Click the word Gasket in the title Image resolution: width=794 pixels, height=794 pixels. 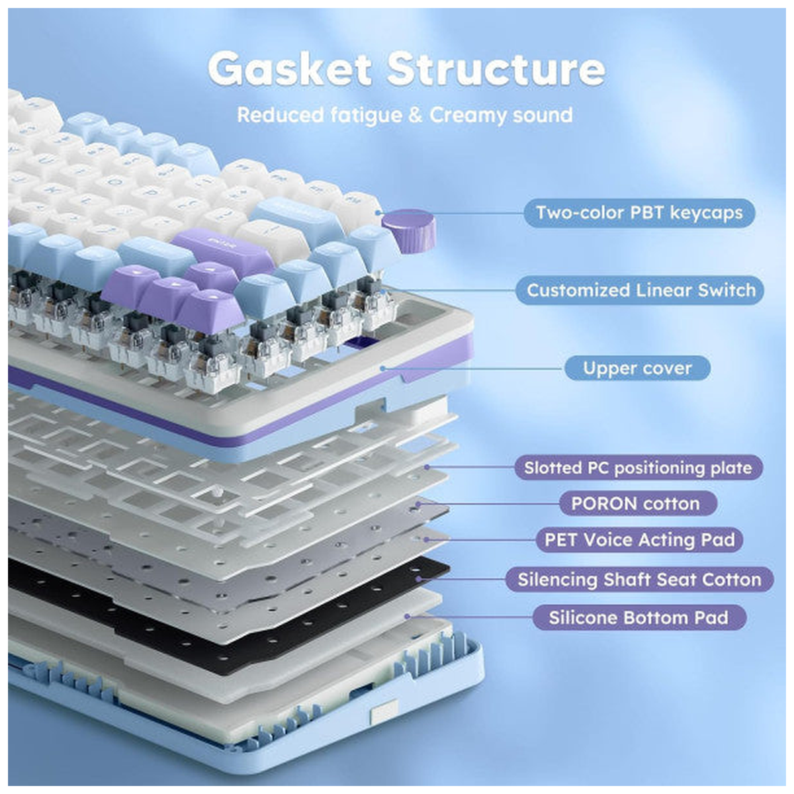(x=290, y=69)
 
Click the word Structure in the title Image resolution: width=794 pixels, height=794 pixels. (x=496, y=69)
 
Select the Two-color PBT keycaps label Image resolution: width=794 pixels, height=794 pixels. (x=639, y=212)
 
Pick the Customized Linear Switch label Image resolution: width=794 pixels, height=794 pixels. (x=639, y=290)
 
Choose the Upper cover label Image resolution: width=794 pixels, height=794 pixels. (x=637, y=368)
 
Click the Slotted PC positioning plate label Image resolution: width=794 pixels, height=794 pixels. (x=638, y=467)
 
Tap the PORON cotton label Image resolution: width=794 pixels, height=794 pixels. (x=638, y=503)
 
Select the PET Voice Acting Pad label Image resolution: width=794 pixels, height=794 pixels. (x=639, y=539)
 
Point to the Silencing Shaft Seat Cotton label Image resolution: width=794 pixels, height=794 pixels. (x=639, y=579)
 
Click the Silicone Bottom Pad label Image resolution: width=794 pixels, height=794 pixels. (x=639, y=617)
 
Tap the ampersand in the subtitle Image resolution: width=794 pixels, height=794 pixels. (x=415, y=115)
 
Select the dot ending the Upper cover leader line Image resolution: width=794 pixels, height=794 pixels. (x=382, y=368)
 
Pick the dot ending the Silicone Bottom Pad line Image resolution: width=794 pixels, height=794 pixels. (x=407, y=617)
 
